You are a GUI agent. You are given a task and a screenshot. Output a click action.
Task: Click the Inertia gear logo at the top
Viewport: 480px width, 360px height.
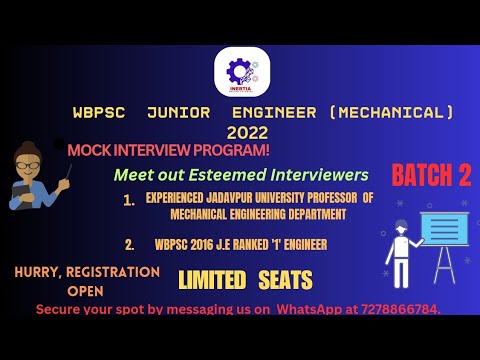pyautogui.click(x=240, y=70)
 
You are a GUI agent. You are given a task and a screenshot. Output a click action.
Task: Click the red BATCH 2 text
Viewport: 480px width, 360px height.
pyautogui.click(x=431, y=176)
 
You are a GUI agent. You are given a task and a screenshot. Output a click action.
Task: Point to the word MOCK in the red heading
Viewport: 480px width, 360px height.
pyautogui.click(x=89, y=150)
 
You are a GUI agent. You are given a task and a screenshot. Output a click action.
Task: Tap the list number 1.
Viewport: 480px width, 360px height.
pyautogui.click(x=128, y=200)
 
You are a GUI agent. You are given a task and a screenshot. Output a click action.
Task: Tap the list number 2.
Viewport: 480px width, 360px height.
pyautogui.click(x=129, y=243)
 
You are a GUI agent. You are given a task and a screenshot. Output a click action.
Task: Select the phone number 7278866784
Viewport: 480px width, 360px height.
pyautogui.click(x=399, y=309)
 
